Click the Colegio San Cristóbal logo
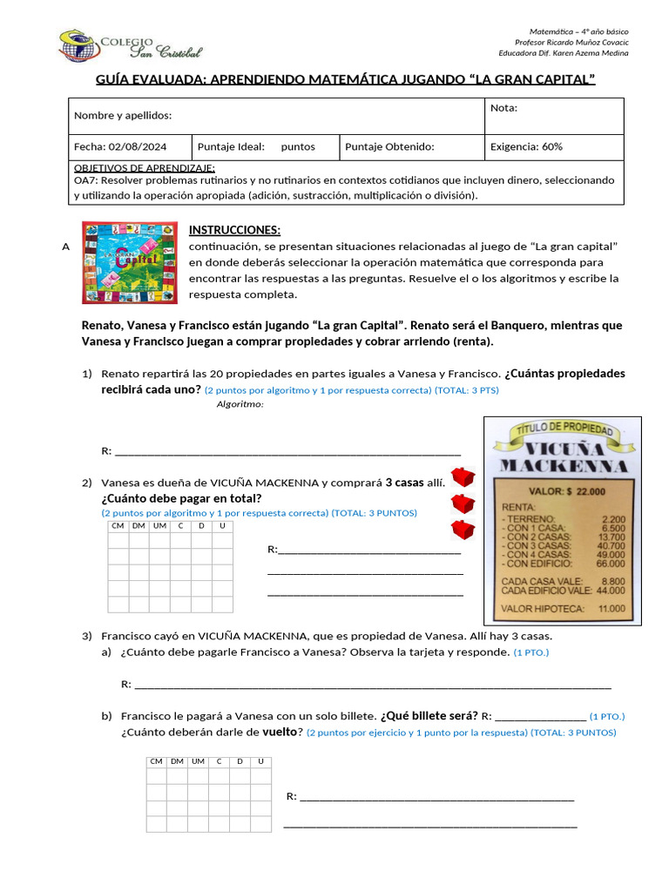coord(130,45)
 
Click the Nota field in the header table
coord(553,116)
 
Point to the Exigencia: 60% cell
coord(526,147)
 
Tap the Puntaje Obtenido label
coord(389,147)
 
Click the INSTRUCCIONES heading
coord(234,230)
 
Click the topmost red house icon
coord(463,476)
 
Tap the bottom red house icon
coord(463,530)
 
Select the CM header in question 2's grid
coord(118,526)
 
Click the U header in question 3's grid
coord(260,761)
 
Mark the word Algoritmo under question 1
coord(240,404)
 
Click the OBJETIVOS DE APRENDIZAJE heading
coord(145,168)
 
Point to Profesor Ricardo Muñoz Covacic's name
coord(571,43)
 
